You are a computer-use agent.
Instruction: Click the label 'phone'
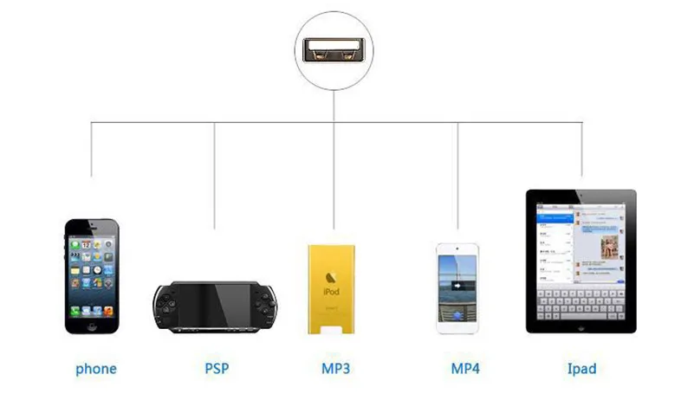pos(95,369)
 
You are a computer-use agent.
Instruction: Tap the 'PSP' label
pos(217,368)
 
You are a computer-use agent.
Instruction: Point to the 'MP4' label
pos(464,368)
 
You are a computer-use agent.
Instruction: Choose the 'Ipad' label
pos(581,368)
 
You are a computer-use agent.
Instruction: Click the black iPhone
pos(92,275)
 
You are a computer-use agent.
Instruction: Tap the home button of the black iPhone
pos(92,326)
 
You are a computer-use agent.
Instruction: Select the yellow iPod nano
pos(333,288)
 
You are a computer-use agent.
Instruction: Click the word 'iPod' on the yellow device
pos(332,293)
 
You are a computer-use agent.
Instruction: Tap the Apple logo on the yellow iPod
pos(332,277)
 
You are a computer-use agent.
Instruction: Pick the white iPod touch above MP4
pos(457,287)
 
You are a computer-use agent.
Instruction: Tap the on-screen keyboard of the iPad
pos(580,303)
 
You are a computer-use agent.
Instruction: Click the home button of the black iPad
pos(580,328)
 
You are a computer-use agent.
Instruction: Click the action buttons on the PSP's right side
pos(263,299)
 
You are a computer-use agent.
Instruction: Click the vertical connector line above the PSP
pos(215,173)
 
